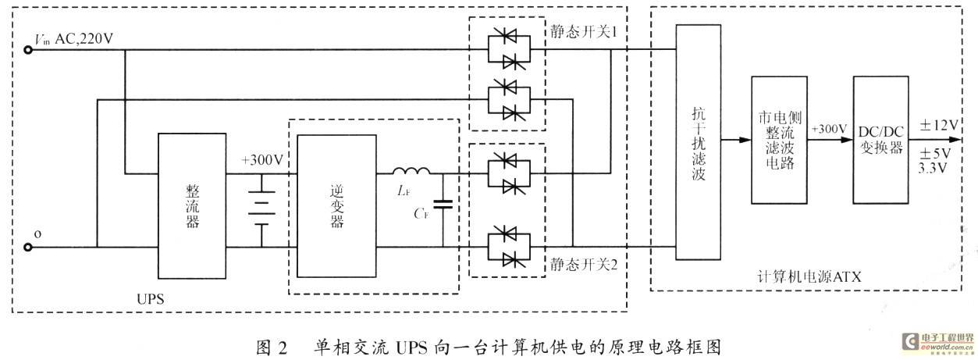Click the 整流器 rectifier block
tap(192, 206)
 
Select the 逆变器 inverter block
tap(336, 206)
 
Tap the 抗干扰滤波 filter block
tap(698, 142)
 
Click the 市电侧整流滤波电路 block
tap(779, 140)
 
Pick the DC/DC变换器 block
tap(881, 140)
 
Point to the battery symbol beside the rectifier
tap(261, 211)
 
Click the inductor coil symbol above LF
tap(411, 171)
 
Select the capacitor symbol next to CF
tap(443, 204)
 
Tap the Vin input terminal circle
tap(28, 50)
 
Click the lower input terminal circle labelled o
tap(28, 248)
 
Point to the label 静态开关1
tap(583, 31)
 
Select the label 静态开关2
tap(583, 264)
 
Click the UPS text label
tap(150, 299)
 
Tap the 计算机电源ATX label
tap(809, 277)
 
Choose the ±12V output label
tap(939, 126)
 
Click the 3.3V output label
tap(932, 168)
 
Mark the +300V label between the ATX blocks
tap(829, 129)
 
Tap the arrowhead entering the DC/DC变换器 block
tap(847, 140)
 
